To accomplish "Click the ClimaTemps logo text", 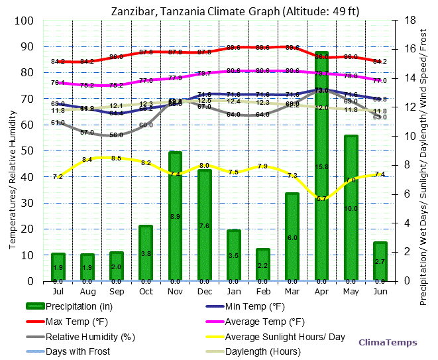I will (x=388, y=343).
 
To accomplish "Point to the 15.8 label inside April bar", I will (x=321, y=167).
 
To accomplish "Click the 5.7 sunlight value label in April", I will (x=321, y=198).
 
